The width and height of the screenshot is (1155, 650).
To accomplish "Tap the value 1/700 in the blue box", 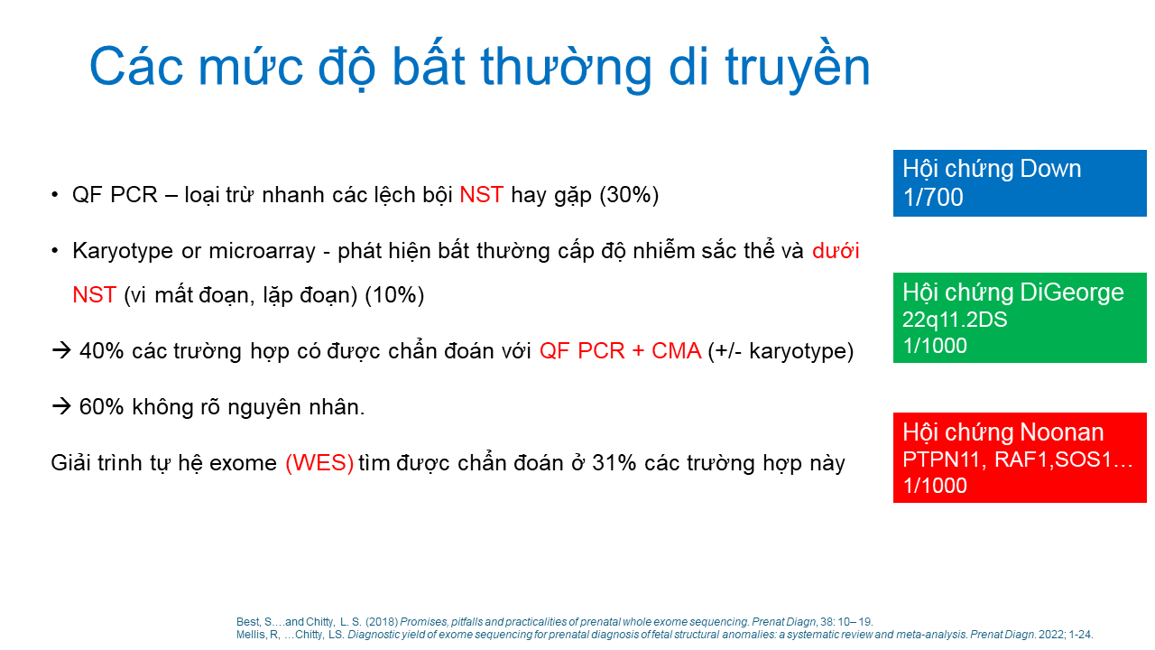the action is [933, 197].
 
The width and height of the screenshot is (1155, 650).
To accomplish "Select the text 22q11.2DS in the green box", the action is [955, 320].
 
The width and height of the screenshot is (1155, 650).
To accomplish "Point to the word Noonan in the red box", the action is [1061, 432].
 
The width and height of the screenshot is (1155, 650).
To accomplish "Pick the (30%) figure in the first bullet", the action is [629, 195].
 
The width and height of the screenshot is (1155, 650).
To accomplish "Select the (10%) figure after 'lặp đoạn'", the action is [394, 295].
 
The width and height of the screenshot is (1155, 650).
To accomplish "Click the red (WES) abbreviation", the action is [319, 463].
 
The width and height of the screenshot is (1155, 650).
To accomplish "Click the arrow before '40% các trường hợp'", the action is [61, 351].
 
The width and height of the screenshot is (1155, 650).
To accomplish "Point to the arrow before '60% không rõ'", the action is [61, 406].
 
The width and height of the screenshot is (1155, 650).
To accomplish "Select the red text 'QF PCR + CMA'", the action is [620, 351].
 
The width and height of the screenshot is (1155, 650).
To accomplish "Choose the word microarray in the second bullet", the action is [262, 251].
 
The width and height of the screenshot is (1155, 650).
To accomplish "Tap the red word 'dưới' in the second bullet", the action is [836, 251].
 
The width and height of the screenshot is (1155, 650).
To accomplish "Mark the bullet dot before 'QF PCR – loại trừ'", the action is [55, 196].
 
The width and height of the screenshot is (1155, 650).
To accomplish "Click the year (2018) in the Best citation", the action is [382, 622].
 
